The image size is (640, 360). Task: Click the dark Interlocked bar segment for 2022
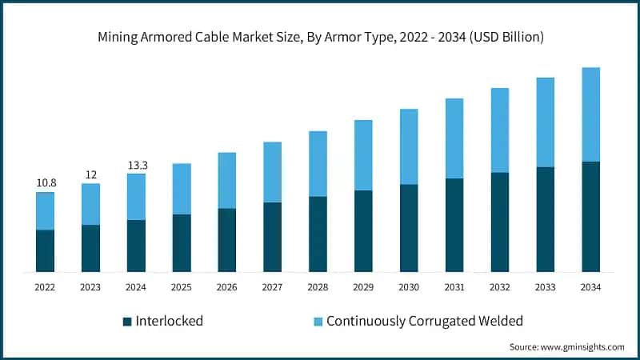(x=45, y=250)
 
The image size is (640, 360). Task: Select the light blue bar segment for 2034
(x=591, y=114)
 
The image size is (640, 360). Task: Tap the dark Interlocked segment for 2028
(x=318, y=234)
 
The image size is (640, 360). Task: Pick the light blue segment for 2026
(x=227, y=180)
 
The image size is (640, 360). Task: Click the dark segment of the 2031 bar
(x=454, y=225)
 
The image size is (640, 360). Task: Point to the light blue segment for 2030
(x=409, y=146)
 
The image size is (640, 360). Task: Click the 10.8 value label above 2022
(x=46, y=183)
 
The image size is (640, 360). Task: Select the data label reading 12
(x=90, y=174)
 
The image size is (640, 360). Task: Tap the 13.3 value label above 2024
(x=137, y=165)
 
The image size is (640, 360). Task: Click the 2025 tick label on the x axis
(x=182, y=286)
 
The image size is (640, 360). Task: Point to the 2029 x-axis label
(x=364, y=286)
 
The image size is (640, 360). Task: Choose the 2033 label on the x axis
(x=546, y=286)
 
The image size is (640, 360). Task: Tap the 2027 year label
(x=273, y=286)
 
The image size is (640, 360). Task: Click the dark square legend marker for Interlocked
(x=126, y=322)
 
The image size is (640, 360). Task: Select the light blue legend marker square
(x=318, y=322)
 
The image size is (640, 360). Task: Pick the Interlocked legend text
(x=169, y=321)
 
